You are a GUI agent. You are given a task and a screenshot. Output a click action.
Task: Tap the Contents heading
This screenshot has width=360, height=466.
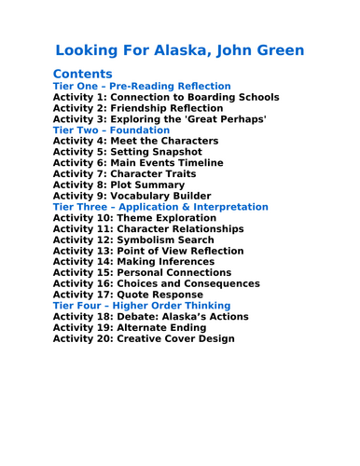[x=83, y=74]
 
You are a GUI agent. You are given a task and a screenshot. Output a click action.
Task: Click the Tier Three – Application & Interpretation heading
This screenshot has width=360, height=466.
[x=160, y=207]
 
